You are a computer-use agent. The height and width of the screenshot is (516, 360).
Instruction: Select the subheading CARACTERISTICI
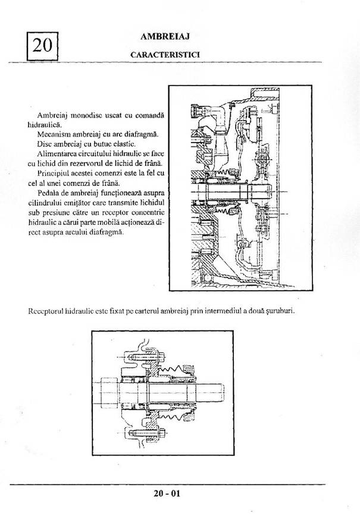coord(165,54)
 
